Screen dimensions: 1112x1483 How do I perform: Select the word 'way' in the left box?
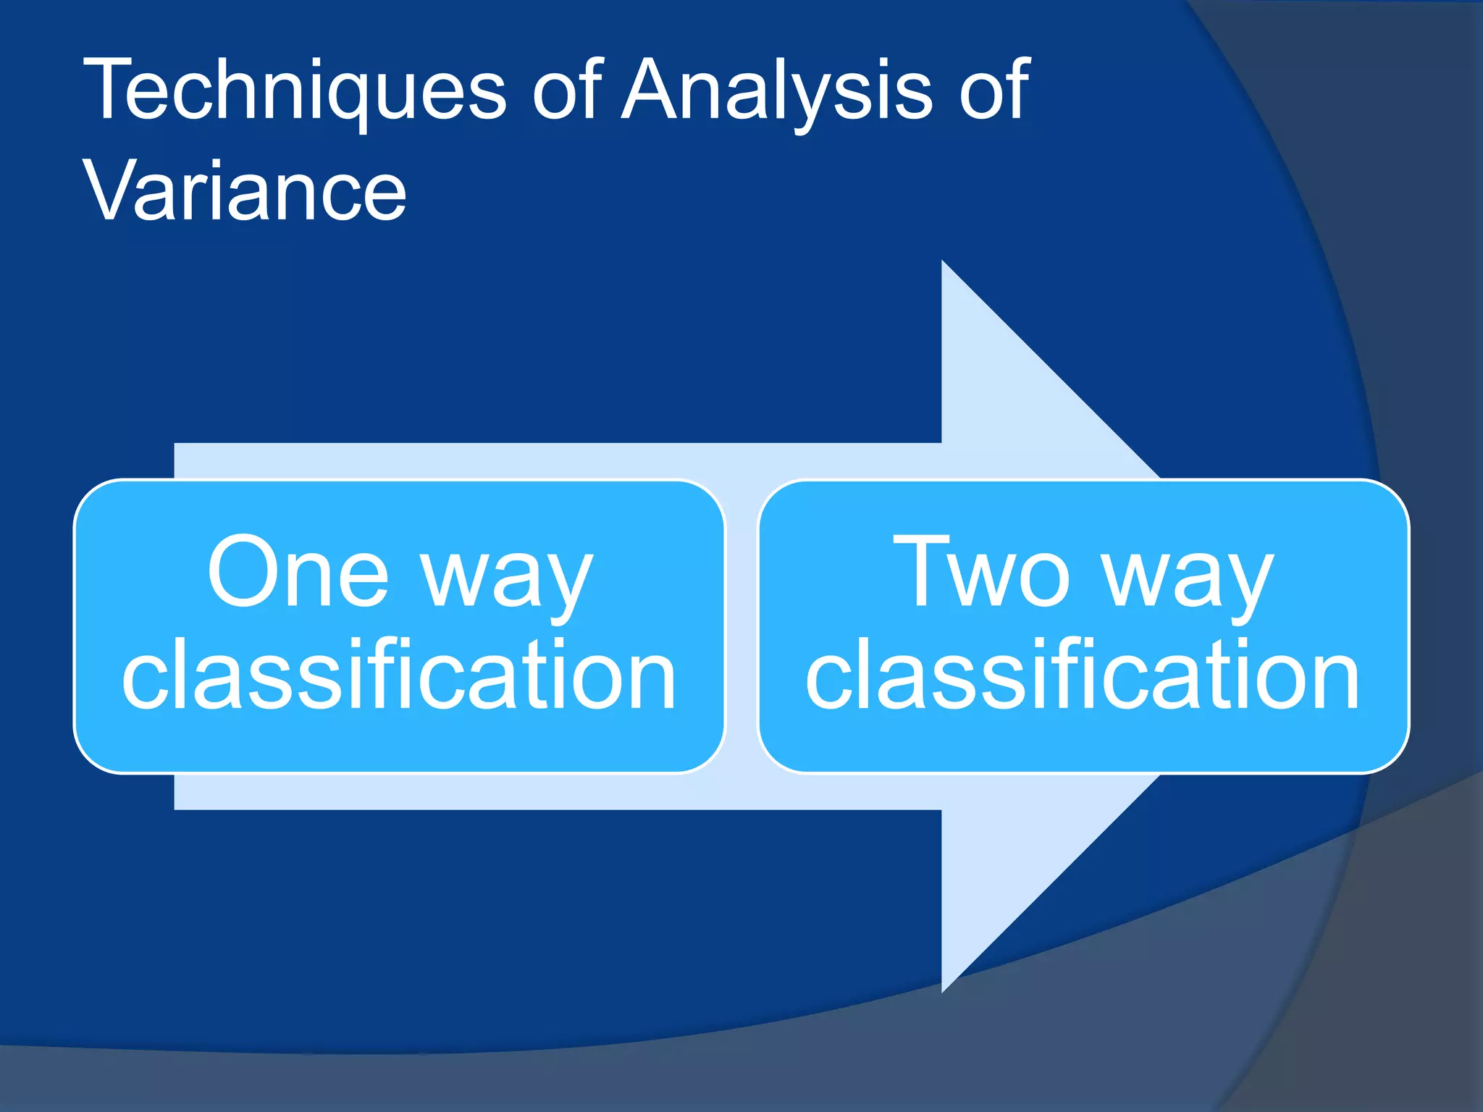coord(508,579)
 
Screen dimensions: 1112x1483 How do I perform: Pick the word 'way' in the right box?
coord(1188,579)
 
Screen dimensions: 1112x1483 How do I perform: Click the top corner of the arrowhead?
coord(943,262)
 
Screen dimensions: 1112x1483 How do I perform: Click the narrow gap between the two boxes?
coord(741,626)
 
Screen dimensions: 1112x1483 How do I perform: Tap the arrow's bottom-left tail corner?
coord(177,807)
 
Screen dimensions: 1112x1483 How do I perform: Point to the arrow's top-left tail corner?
coord(177,445)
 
